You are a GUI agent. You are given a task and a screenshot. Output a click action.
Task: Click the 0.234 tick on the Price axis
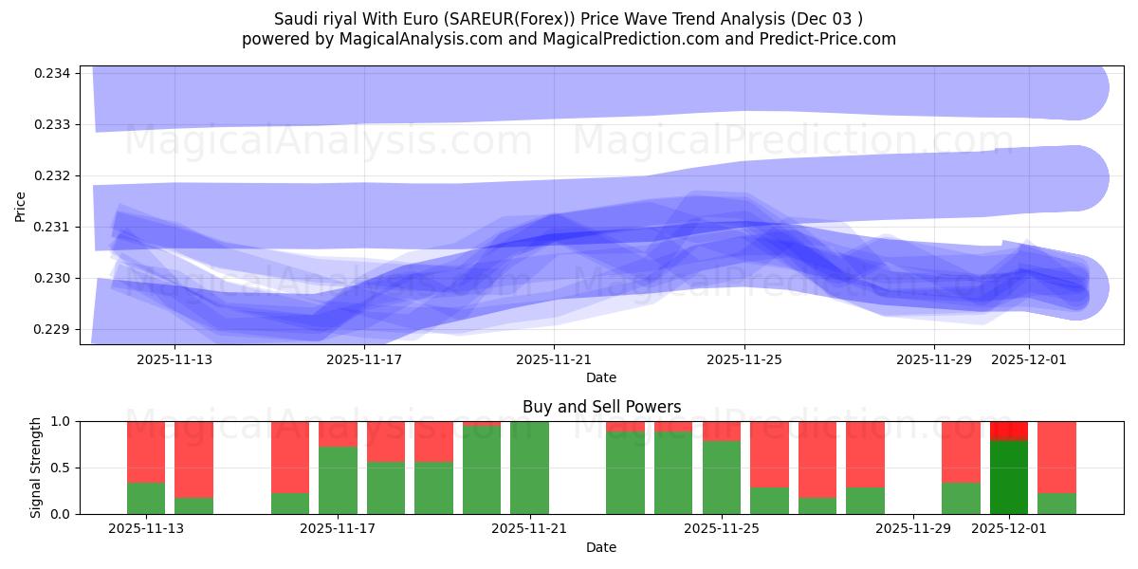[57, 74]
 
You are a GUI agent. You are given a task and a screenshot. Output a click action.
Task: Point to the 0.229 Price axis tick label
[57, 330]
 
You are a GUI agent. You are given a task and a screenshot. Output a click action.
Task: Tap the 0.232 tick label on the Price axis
[57, 176]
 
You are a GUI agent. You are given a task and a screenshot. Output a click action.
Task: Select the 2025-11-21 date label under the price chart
[554, 360]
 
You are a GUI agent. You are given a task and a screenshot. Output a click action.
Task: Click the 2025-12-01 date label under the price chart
[1029, 360]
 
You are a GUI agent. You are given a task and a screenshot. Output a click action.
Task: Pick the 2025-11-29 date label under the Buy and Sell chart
[912, 529]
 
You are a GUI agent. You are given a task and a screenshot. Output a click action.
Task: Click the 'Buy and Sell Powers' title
[601, 407]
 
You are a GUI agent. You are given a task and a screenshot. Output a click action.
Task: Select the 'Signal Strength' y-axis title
[35, 468]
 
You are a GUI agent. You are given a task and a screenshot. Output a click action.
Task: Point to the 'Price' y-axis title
[21, 205]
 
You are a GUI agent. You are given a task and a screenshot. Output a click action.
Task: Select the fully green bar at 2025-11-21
[529, 468]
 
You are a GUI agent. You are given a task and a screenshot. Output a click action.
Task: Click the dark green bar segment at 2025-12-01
[1009, 477]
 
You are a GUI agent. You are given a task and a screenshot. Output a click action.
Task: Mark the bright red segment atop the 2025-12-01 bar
[1009, 431]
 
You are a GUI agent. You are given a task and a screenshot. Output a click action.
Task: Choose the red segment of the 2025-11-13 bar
[146, 452]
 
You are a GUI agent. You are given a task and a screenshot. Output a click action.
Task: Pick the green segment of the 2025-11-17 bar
[338, 481]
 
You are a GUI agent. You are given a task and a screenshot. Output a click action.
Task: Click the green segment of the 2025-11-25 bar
[722, 478]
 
